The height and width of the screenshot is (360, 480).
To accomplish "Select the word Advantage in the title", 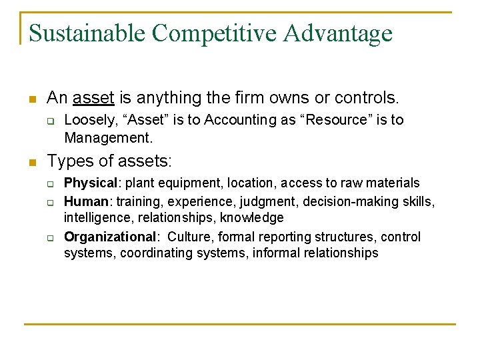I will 340,33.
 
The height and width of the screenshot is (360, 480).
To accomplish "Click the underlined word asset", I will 93,98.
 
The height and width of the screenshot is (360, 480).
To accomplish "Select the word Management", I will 107,138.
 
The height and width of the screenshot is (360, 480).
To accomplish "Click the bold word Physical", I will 90,183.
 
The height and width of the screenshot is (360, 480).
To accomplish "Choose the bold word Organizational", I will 110,237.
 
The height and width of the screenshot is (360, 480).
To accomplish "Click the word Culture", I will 188,237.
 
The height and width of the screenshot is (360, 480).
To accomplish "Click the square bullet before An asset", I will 31,99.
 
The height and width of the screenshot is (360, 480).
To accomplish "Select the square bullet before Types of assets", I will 31,162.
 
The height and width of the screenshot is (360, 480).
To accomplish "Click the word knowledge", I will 252,218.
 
